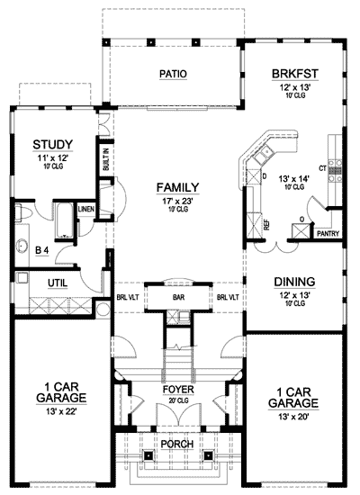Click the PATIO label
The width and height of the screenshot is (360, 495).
173,74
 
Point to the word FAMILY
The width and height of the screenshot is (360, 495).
176,187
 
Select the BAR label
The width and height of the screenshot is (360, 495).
177,296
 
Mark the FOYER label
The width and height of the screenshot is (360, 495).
178,391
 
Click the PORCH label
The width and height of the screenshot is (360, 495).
177,445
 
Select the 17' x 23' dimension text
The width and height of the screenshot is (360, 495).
176,199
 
